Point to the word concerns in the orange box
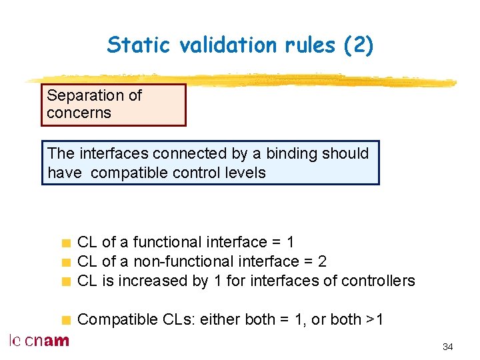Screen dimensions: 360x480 79,113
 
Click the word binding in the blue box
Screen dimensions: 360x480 291,153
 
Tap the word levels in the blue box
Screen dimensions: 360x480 245,173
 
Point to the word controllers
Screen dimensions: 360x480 378,281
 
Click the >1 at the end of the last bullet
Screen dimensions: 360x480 375,319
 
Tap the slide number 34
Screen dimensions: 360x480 447,347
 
